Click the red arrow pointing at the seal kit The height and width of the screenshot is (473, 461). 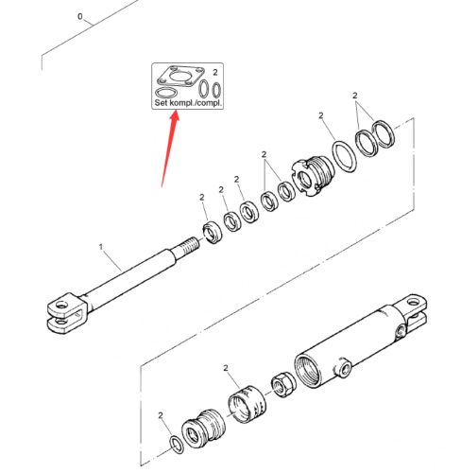point(170,149)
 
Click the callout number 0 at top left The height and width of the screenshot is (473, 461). point(80,16)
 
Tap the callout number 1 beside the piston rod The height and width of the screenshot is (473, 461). point(101,247)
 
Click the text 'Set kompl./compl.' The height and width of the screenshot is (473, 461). point(188,103)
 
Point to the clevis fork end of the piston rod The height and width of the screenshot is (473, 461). point(67,313)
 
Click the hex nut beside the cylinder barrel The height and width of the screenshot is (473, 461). point(283,385)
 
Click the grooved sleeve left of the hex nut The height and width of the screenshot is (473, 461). point(247,404)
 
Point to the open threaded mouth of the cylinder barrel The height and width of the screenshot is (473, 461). point(308,371)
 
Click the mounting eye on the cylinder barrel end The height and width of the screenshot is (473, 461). point(413,304)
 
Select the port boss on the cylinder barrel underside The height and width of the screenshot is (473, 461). point(343,368)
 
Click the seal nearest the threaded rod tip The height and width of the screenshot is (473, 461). point(212,233)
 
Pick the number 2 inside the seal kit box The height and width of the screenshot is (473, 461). point(215,72)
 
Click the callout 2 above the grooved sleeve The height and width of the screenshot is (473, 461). point(226,368)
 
